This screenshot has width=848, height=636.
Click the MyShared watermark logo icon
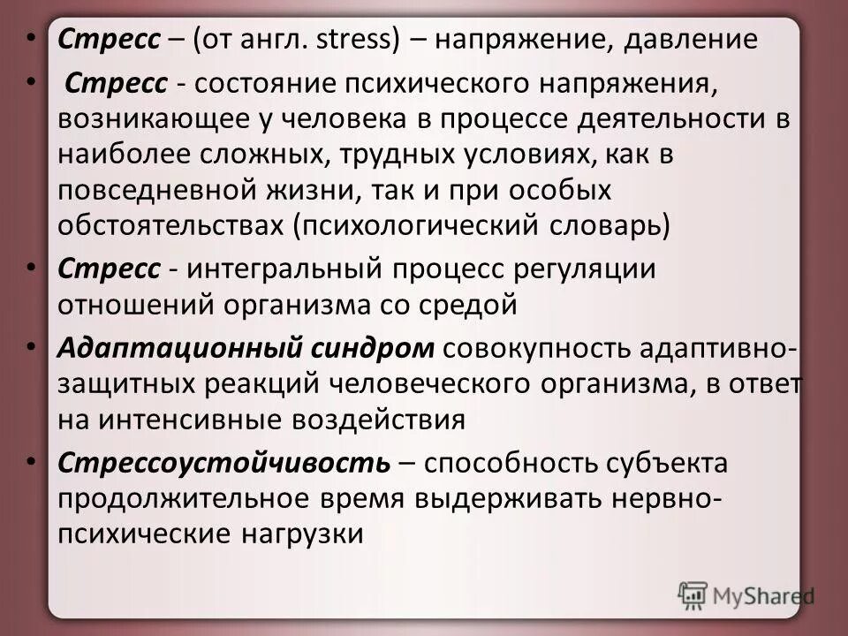[x=693, y=594]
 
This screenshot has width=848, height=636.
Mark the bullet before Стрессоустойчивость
[x=32, y=461]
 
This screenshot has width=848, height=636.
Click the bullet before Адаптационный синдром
[x=32, y=346]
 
